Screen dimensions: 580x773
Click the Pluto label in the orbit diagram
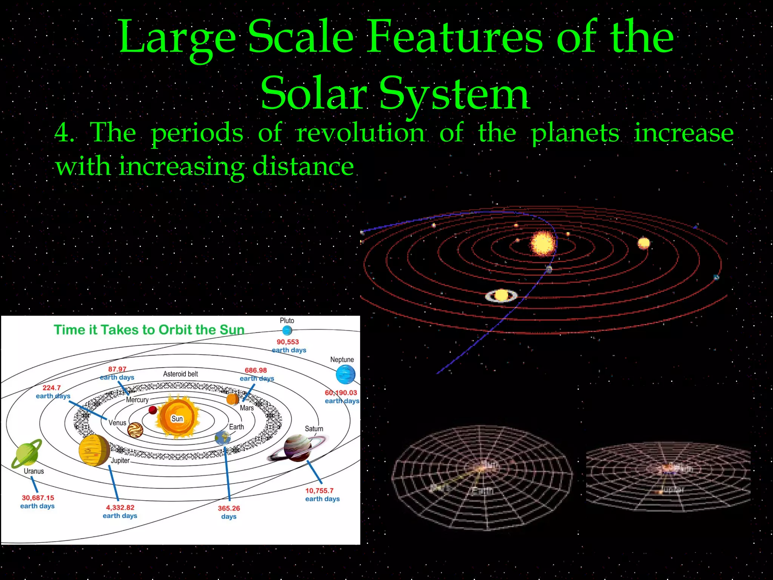pos(287,321)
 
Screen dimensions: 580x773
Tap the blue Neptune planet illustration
pos(345,375)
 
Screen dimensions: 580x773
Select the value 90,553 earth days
pos(288,346)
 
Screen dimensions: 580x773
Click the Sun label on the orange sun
pos(177,418)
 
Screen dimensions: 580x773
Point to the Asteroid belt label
pos(180,374)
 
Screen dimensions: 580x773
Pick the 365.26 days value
pos(229,512)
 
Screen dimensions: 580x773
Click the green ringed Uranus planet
pos(26,453)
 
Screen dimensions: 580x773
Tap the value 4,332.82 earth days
pos(120,512)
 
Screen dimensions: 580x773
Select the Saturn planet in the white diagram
pos(298,448)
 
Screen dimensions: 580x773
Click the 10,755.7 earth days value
pos(322,495)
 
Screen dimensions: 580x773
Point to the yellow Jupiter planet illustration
pos(94,450)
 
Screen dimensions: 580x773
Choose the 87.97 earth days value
pos(117,373)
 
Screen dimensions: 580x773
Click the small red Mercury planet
pos(153,410)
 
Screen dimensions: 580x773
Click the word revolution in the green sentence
pos(360,133)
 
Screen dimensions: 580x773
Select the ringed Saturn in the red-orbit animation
pos(501,295)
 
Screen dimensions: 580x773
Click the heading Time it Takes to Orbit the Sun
pos(149,330)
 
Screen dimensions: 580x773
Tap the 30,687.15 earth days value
pos(38,502)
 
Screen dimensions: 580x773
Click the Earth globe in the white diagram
pos(223,438)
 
